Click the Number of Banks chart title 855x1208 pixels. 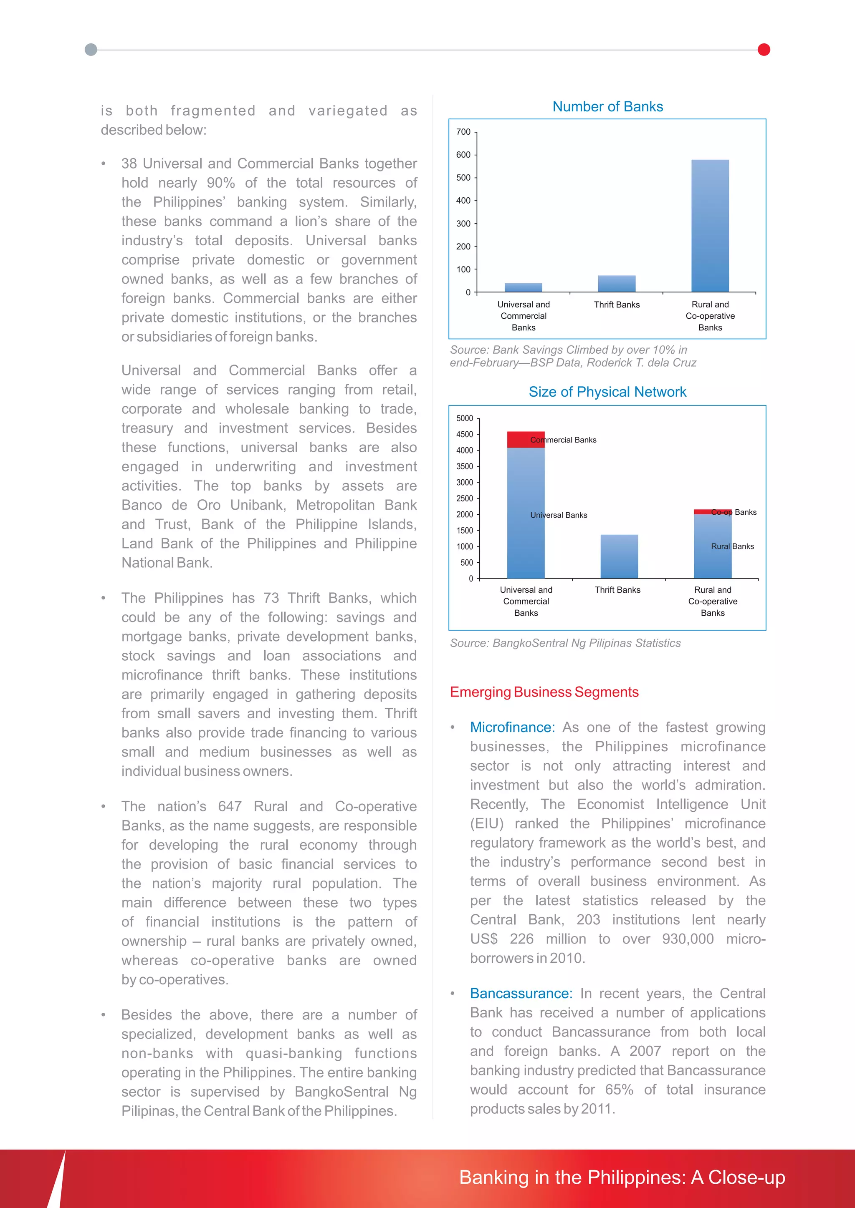click(x=607, y=107)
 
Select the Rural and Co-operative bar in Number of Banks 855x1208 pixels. click(x=710, y=226)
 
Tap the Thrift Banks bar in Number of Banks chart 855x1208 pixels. click(x=617, y=284)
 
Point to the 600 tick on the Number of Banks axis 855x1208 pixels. click(x=463, y=155)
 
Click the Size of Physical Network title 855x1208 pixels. click(x=607, y=392)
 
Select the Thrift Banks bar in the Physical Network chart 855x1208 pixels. click(x=619, y=556)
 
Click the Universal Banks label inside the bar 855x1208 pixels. click(x=559, y=515)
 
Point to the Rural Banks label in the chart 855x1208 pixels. click(x=732, y=546)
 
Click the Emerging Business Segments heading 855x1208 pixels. click(x=544, y=692)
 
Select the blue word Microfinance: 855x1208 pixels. click(x=512, y=727)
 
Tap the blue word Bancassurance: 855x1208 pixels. click(x=521, y=993)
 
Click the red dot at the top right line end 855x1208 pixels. click(x=764, y=50)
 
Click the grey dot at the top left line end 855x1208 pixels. click(x=91, y=50)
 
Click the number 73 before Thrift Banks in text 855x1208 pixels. click(x=271, y=598)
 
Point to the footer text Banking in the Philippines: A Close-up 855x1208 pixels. click(x=622, y=1178)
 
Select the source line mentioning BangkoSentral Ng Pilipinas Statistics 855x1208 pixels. click(x=565, y=643)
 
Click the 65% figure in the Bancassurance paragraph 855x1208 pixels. click(x=619, y=1090)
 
